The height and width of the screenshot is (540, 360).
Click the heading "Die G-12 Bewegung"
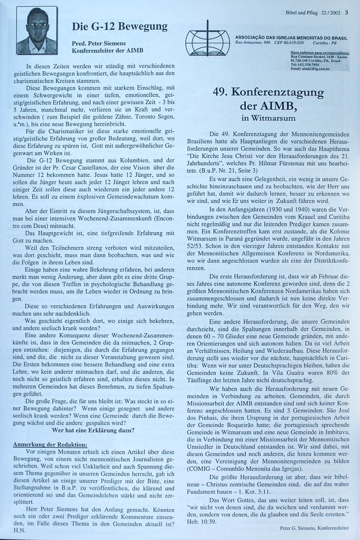pyautogui.click(x=120, y=27)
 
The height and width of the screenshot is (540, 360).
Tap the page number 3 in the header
pyautogui.click(x=346, y=12)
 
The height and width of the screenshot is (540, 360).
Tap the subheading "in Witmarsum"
pyautogui.click(x=268, y=118)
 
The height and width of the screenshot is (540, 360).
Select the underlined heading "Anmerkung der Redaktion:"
pyautogui.click(x=50, y=444)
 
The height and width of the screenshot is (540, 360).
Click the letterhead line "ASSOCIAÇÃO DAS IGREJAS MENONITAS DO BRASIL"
pyautogui.click(x=291, y=38)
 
